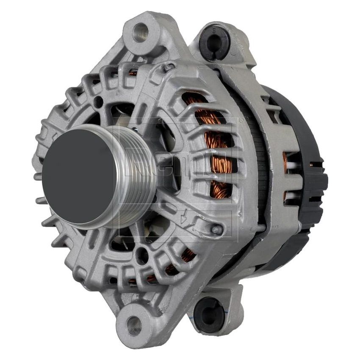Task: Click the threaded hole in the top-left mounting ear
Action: click(141, 32)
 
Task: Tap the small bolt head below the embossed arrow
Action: click(217, 230)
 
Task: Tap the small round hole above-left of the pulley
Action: click(98, 102)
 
